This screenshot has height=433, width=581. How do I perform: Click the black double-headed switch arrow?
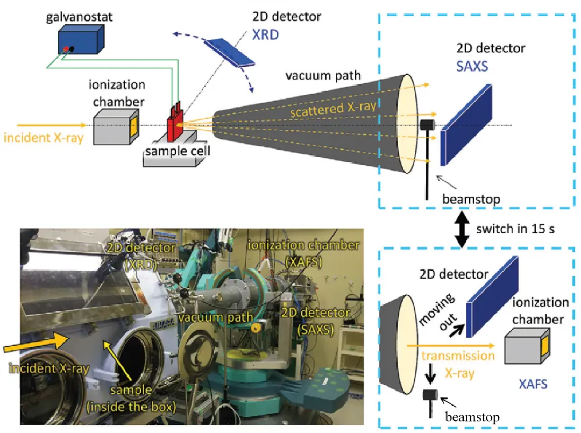460,229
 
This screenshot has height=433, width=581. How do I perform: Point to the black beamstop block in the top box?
427,125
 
